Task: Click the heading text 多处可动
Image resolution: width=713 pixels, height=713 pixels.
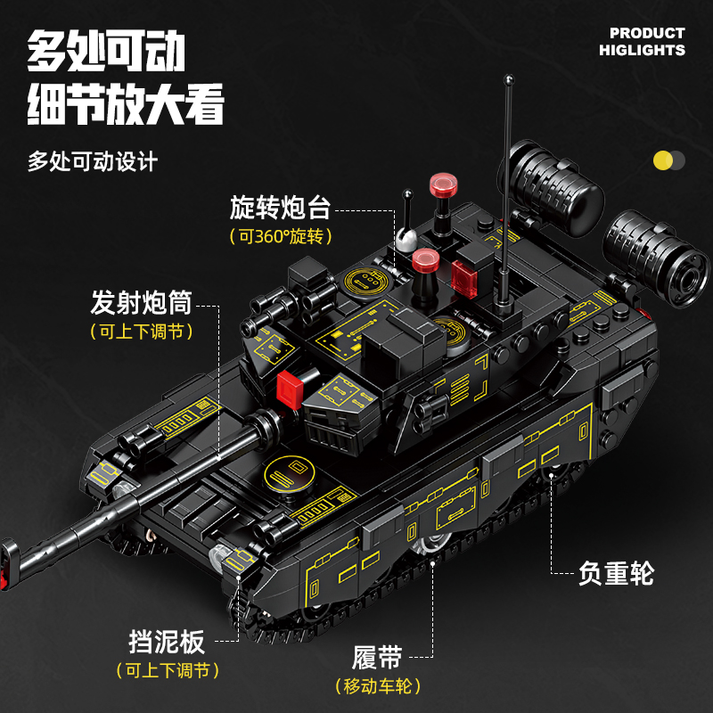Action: [105, 53]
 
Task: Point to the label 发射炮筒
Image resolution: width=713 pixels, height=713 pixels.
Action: [141, 303]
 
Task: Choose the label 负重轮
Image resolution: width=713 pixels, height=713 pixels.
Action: [616, 573]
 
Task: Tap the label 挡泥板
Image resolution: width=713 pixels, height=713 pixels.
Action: [167, 642]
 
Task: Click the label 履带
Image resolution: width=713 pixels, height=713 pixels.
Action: [377, 659]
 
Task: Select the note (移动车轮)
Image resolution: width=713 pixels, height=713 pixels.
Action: [377, 685]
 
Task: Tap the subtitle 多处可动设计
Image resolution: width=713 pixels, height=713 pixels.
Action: [93, 162]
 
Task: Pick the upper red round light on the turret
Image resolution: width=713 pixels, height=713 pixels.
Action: [443, 184]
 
